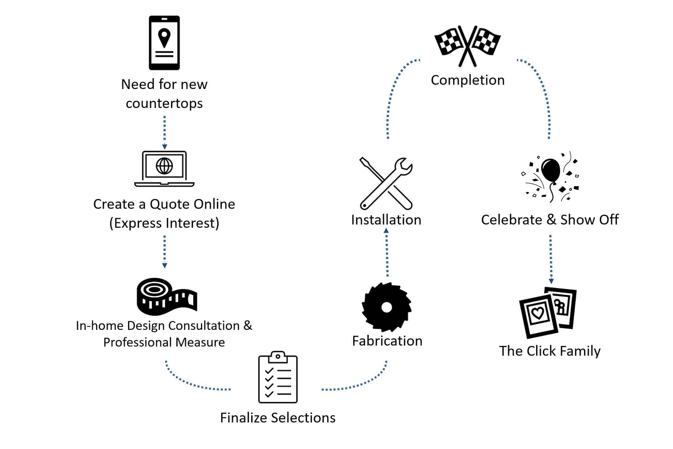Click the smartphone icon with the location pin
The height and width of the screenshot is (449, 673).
164,43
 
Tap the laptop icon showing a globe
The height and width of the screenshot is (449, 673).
164,169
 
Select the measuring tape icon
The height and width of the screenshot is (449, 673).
166,296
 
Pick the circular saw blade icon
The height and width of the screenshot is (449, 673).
387,307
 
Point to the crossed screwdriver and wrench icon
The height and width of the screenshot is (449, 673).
386,183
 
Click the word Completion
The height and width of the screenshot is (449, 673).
468,80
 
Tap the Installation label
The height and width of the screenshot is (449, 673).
386,220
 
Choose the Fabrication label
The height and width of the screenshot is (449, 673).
387,341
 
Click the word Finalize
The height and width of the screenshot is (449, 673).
244,418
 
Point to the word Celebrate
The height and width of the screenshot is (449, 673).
511,220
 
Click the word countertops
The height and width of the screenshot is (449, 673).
164,104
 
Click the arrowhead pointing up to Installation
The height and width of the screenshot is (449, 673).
386,231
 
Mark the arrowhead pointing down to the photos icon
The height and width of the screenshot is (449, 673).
551,281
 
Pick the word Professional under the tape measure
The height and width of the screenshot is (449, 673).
138,342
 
